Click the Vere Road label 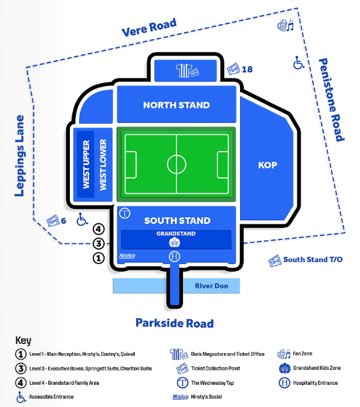point(149,27)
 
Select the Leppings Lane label point(19,156)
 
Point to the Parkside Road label point(174,323)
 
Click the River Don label point(212,286)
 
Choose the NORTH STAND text point(176,105)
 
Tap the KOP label point(268,165)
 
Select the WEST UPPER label point(86,165)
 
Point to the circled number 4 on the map point(98,229)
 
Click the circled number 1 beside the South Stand point(98,258)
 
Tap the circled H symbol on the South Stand point(174,257)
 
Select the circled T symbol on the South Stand point(125,213)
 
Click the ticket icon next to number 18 point(233,69)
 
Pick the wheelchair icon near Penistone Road point(299,62)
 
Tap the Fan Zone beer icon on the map point(285,25)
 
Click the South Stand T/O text point(313,259)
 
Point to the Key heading point(24,340)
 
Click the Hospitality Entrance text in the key point(315,383)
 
